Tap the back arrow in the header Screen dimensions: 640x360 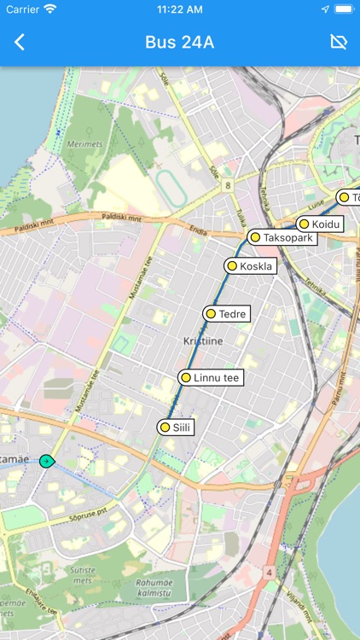[20, 43]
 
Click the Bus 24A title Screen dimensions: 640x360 [179, 43]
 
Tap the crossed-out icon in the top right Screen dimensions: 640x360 [339, 43]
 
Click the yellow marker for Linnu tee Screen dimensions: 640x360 [185, 377]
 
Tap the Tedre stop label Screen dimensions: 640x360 [232, 314]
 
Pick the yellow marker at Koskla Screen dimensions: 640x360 [231, 266]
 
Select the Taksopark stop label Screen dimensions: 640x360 [288, 237]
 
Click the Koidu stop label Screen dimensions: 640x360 [326, 224]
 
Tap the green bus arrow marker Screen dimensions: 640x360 [47, 461]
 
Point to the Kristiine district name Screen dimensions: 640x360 [202, 340]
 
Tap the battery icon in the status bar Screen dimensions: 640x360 [344, 9]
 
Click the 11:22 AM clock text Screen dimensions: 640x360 [179, 9]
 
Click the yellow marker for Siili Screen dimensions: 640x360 [165, 428]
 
